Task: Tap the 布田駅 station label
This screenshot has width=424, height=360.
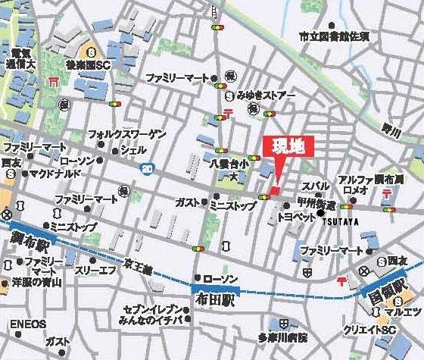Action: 216,299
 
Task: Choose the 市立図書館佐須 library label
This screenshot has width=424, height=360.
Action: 333,36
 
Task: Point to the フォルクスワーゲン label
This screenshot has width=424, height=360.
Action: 126,134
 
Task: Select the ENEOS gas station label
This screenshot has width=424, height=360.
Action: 28,324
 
